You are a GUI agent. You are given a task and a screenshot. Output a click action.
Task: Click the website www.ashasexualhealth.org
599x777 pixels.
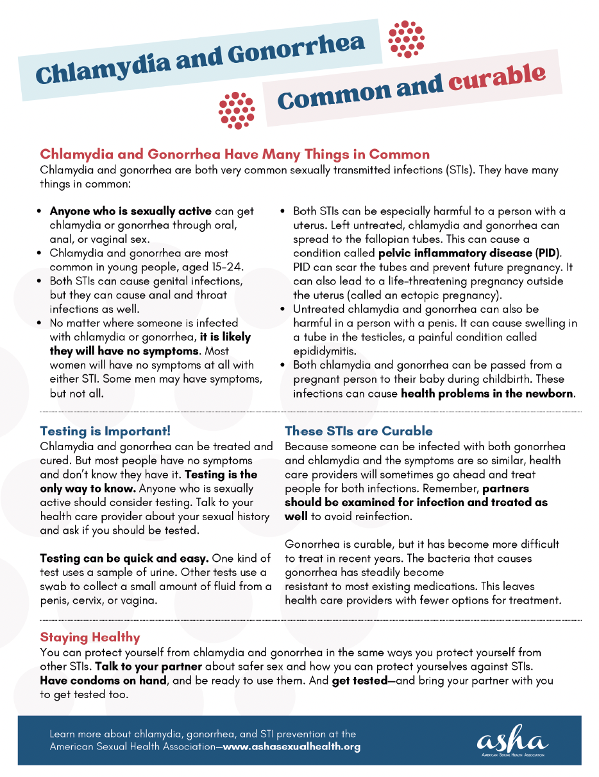coord(291,747)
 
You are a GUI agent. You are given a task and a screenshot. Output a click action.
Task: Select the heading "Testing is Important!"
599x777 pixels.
coord(105,431)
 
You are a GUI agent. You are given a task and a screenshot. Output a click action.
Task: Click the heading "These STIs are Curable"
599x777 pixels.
coord(359,431)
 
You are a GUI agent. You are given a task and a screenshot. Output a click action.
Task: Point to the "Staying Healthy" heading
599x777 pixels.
coord(90,637)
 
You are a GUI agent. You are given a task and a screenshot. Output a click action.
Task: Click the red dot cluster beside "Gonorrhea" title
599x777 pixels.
coord(407,39)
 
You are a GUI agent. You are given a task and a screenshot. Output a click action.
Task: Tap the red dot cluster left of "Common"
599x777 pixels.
coord(237,110)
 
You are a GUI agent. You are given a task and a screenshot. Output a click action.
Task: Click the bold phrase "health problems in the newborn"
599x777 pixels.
coord(487,393)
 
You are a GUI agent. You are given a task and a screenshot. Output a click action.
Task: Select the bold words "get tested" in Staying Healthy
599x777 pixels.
coord(359,680)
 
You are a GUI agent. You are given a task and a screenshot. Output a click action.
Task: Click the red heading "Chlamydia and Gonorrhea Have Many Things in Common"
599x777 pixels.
coord(235,154)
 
